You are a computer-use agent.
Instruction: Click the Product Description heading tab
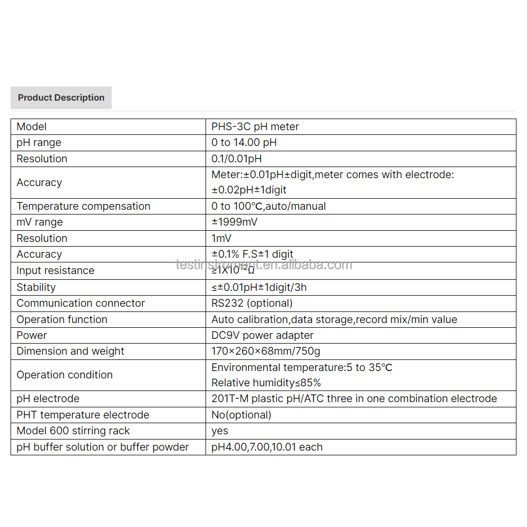tap(61, 97)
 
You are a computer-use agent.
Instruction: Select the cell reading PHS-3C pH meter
tap(255, 126)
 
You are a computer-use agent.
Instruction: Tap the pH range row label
tap(39, 142)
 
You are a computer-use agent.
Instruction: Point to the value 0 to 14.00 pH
tap(244, 142)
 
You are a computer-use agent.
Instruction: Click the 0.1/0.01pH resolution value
tap(237, 159)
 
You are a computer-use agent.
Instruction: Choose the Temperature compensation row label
tap(83, 206)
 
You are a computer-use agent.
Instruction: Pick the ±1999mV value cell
tap(235, 222)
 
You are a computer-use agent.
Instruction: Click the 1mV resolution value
tap(221, 238)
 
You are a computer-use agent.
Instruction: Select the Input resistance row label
tap(55, 270)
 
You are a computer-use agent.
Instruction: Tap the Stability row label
tap(36, 287)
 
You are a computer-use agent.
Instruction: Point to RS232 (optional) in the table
tap(252, 303)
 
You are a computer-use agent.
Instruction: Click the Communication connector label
tap(81, 303)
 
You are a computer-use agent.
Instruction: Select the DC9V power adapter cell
tap(262, 335)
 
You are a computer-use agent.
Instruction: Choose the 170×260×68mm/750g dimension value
tap(266, 351)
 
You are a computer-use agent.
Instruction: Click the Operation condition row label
tap(64, 375)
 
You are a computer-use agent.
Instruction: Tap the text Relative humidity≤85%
tap(266, 383)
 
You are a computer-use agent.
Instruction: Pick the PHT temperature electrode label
tap(83, 415)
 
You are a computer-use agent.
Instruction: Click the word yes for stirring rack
tap(220, 431)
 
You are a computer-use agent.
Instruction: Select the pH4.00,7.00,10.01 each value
tap(267, 447)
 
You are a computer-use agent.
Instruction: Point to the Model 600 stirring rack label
tap(73, 431)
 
